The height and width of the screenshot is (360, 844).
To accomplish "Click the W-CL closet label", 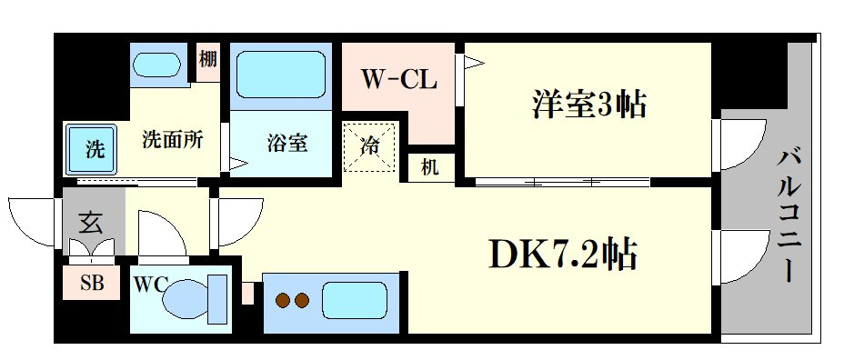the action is tap(398, 80).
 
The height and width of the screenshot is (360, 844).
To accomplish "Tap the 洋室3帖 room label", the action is tap(589, 104).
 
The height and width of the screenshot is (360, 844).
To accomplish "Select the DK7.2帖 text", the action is tap(563, 253).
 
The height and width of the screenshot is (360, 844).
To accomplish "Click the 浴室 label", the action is tap(286, 143).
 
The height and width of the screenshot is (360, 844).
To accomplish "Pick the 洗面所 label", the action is tap(172, 140).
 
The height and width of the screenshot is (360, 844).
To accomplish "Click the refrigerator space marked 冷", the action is tap(369, 147).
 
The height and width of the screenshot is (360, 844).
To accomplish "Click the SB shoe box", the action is tap(92, 283).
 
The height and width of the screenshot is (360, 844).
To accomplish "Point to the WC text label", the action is tap(151, 283).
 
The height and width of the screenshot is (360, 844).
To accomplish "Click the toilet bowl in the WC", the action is tap(186, 299).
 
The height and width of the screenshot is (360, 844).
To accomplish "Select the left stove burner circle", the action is tap(282, 300).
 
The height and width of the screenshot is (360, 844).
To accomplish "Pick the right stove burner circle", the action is tap(301, 300).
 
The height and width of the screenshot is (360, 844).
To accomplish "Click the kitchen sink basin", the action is tap(355, 301).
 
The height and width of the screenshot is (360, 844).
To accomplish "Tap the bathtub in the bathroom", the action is tap(280, 75).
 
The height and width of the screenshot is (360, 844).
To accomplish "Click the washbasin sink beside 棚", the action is tap(156, 65).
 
